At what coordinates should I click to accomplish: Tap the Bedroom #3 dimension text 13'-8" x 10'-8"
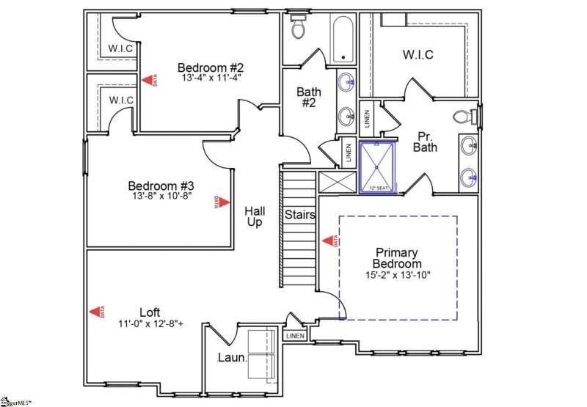(x=159, y=197)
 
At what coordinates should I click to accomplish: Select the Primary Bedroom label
(x=396, y=257)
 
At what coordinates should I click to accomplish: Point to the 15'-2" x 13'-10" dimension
(x=397, y=275)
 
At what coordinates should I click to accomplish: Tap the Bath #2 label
(x=308, y=98)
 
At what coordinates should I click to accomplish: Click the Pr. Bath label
(x=427, y=142)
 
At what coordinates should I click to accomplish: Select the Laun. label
(x=231, y=359)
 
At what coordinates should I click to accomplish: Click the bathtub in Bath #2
(x=342, y=40)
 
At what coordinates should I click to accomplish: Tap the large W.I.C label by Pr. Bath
(x=418, y=55)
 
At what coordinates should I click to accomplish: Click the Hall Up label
(x=254, y=216)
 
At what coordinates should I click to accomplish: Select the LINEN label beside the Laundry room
(x=294, y=336)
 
